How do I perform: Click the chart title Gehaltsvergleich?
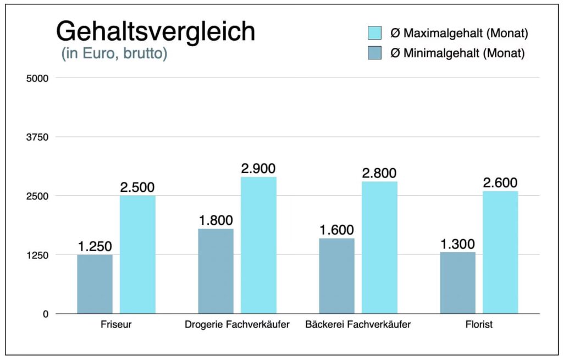click(x=156, y=32)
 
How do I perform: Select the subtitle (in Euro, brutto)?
click(x=114, y=54)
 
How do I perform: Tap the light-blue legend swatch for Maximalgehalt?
click(x=374, y=33)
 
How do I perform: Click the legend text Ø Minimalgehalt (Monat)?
click(x=457, y=53)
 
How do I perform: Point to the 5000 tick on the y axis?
click(x=38, y=78)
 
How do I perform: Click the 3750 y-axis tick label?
click(x=38, y=137)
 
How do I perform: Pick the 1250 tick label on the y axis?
click(x=38, y=255)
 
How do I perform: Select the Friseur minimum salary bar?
click(x=95, y=284)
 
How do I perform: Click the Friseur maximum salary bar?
click(x=137, y=254)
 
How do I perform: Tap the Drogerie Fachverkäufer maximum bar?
click(x=258, y=245)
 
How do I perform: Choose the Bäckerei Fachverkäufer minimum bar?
click(x=336, y=276)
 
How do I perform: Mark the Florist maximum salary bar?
click(x=500, y=252)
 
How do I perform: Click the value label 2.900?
click(x=258, y=169)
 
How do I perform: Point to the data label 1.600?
click(x=336, y=230)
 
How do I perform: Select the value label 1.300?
click(x=457, y=244)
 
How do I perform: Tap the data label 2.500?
click(x=137, y=187)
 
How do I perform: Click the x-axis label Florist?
click(x=479, y=325)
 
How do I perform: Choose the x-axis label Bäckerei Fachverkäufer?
click(x=358, y=325)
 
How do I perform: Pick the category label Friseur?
click(x=116, y=325)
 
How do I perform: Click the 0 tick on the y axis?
click(x=46, y=314)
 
